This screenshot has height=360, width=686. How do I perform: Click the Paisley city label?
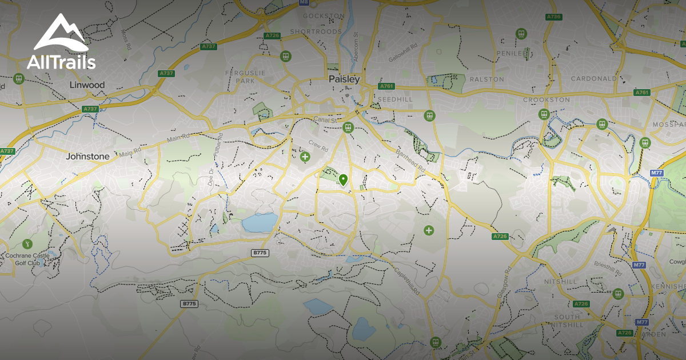[x=344, y=79]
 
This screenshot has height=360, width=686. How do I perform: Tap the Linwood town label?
[x=87, y=85]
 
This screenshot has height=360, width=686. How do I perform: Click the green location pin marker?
[x=343, y=180]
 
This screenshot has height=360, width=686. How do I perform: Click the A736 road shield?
[x=553, y=17]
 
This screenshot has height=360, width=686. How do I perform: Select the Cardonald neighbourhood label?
[x=594, y=78]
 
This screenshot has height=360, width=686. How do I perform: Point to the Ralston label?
[x=486, y=79]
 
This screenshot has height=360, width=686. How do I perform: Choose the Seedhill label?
[x=392, y=99]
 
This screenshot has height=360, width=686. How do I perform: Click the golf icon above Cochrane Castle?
[x=27, y=244]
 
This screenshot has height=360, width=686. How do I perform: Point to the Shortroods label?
[x=315, y=31]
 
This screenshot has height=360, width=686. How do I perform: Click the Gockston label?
[x=323, y=15]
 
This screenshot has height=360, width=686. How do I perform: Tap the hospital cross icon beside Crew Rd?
[x=305, y=156]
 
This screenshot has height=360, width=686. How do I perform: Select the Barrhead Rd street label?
[x=411, y=161]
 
